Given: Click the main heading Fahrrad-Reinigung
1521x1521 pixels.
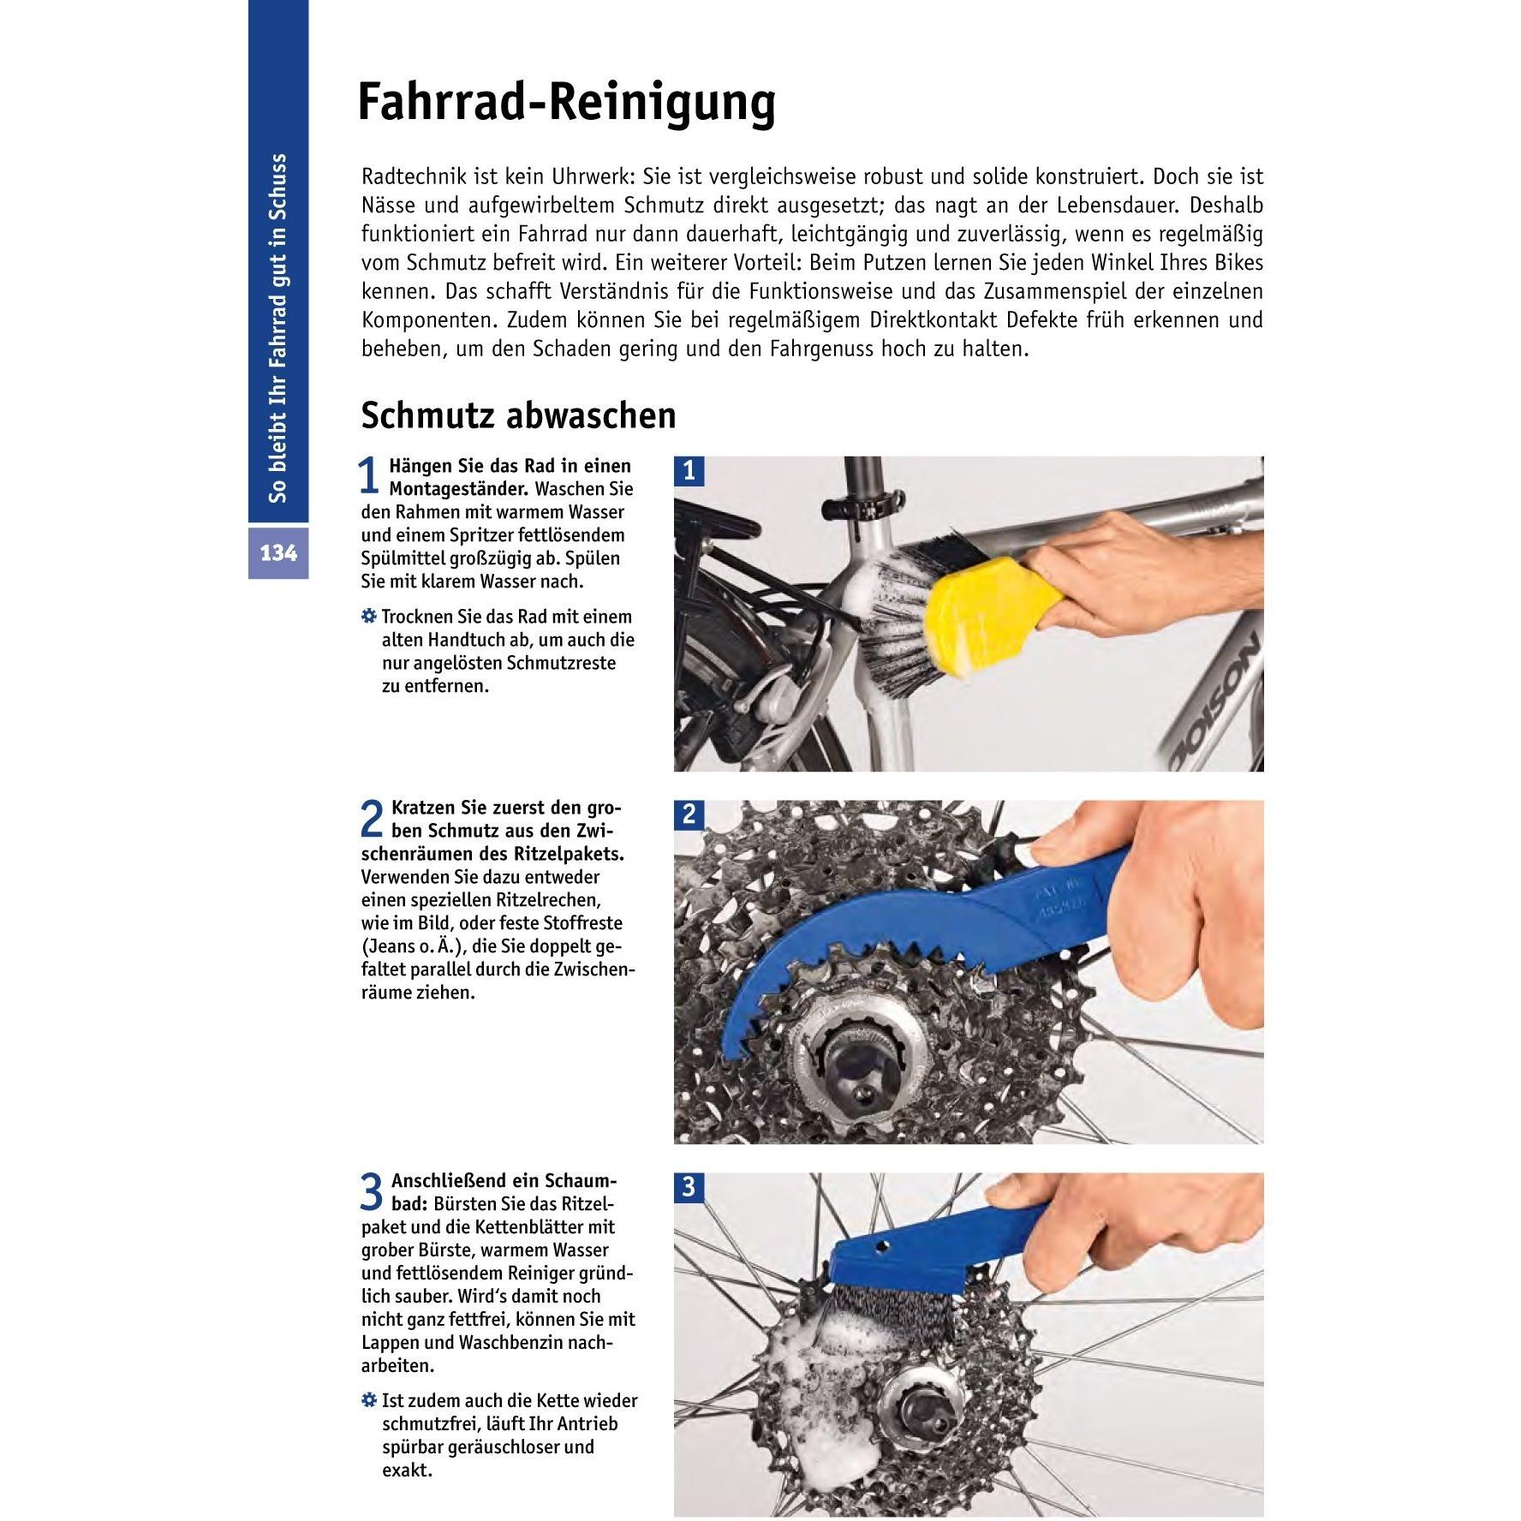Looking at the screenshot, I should (565, 103).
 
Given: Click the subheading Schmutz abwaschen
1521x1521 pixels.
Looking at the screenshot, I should (517, 415).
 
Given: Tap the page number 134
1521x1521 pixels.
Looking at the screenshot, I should (278, 553).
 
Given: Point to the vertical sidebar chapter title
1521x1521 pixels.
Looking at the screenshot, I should (278, 328).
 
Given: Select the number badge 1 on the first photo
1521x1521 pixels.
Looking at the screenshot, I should (690, 471).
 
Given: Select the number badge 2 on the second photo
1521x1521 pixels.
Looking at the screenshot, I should (690, 814).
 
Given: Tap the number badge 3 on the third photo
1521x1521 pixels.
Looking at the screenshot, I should (690, 1187).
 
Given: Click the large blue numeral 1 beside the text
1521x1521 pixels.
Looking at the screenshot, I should (368, 476).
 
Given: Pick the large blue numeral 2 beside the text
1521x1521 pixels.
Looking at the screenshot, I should (371, 819).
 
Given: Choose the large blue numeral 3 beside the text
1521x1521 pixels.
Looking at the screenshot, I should (371, 1191).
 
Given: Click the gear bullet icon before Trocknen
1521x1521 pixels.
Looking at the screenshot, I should (368, 617).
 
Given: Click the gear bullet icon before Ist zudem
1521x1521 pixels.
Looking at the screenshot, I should (368, 1401).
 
